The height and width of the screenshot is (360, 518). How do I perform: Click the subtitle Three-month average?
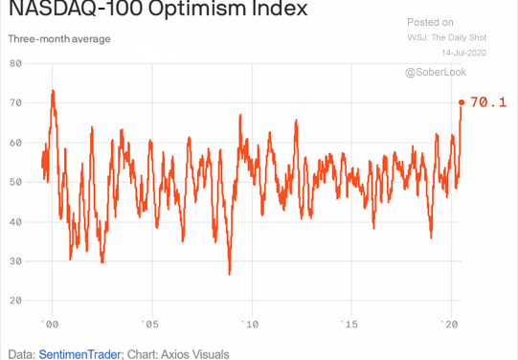pos(59,39)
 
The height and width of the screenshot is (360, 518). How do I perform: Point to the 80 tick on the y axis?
pos(15,63)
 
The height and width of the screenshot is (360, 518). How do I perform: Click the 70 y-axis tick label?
pos(15,102)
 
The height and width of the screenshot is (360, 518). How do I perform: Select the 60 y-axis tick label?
pos(15,142)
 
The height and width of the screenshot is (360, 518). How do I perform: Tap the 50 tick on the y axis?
pos(15,182)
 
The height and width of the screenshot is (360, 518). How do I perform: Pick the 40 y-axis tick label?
pos(15,221)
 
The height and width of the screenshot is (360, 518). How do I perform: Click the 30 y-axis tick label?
pos(15,260)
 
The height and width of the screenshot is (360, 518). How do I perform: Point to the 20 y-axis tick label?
pos(15,301)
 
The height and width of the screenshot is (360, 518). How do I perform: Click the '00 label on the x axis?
pos(52,324)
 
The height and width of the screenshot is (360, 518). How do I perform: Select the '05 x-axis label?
pos(150,324)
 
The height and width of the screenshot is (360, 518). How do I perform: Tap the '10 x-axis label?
pos(251,324)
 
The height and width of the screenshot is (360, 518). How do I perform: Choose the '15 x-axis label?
pos(350,324)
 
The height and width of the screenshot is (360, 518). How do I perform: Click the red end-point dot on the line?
pos(462,102)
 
